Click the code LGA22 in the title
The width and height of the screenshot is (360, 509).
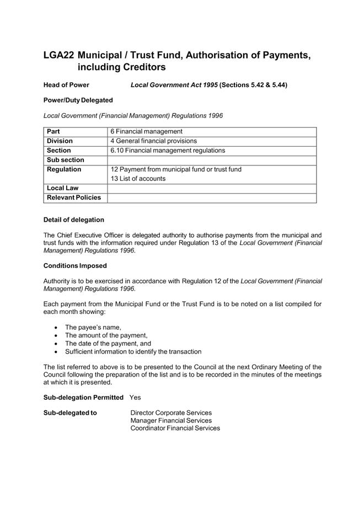click(x=58, y=56)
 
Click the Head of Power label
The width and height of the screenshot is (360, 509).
click(x=66, y=85)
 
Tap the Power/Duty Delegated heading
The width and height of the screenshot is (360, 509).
click(x=78, y=100)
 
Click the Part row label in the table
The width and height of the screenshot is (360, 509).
click(x=53, y=132)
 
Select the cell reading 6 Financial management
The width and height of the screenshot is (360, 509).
click(x=146, y=132)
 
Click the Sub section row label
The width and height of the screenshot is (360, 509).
click(x=66, y=160)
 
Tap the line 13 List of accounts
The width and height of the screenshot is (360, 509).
click(x=138, y=179)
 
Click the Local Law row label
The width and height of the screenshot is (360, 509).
click(x=63, y=188)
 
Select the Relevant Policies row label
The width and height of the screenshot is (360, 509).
click(x=74, y=197)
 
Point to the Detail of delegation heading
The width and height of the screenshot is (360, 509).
click(x=73, y=220)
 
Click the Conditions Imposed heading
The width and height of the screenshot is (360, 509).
click(x=72, y=265)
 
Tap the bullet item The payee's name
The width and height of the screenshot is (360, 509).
click(x=93, y=328)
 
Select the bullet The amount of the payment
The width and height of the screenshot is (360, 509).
click(x=106, y=335)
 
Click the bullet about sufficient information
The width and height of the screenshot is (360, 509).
click(x=133, y=352)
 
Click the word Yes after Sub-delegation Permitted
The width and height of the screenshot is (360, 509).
click(x=135, y=398)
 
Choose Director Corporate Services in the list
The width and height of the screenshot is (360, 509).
click(x=171, y=412)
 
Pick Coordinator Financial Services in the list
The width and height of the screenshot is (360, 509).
click(x=175, y=428)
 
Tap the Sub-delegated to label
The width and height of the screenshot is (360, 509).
click(x=70, y=412)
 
